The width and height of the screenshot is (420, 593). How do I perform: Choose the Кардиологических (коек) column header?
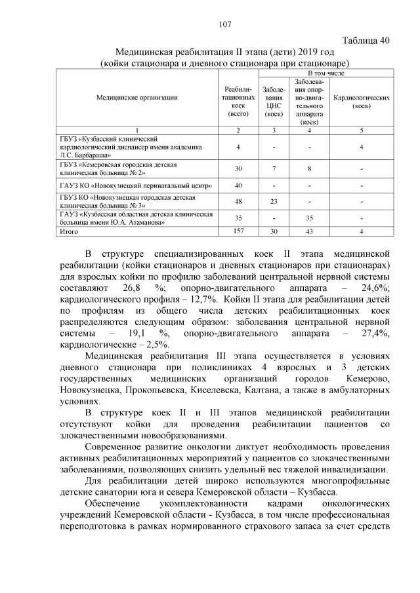362,102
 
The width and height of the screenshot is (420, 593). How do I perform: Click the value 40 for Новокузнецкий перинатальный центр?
238,185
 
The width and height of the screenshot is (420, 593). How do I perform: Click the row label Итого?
69,231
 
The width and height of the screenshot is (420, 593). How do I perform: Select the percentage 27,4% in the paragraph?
377,334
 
